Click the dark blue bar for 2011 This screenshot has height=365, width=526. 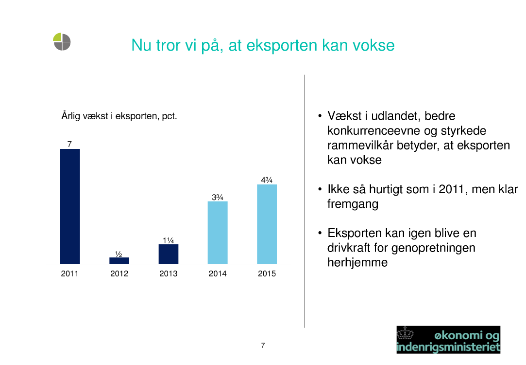pos(70,206)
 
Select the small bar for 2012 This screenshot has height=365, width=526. pos(119,261)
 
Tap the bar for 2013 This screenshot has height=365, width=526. pos(169,254)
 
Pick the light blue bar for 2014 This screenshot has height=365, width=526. pos(218,233)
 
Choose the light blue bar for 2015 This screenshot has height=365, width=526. pos(267,224)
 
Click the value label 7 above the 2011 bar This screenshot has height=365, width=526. pos(69,144)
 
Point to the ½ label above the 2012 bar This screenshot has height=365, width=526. pos(119,254)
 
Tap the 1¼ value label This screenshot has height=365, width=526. pos(169,240)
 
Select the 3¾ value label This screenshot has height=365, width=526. pos(218,197)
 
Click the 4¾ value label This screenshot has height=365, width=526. pos(267,180)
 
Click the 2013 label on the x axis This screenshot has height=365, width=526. pos(169,274)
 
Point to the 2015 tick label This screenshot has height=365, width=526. pos(267,274)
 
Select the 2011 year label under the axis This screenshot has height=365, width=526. pos(70,274)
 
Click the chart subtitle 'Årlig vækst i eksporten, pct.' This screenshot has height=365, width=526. pos(119,116)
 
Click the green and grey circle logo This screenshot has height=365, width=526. pos(62,42)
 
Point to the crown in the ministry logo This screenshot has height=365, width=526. pos(405,333)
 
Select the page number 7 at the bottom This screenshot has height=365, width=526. pos(263,345)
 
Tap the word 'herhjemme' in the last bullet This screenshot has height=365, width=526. pos(357,262)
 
